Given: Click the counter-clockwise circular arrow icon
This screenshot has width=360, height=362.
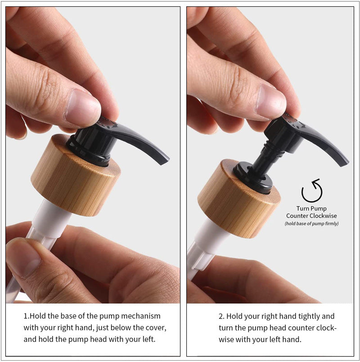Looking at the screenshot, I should coord(311,191).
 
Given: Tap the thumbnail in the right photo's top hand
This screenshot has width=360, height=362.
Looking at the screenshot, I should coord(270,101).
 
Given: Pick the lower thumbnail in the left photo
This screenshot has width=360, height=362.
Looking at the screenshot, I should coord(22,257).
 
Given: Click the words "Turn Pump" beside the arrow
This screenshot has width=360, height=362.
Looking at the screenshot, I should coord(311,208).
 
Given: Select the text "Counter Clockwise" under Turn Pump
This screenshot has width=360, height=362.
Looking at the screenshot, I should coord(311,216).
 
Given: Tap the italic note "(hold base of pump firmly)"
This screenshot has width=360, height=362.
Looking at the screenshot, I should coord(311,224).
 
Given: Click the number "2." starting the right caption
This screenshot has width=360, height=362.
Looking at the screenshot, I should coord(222,317).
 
